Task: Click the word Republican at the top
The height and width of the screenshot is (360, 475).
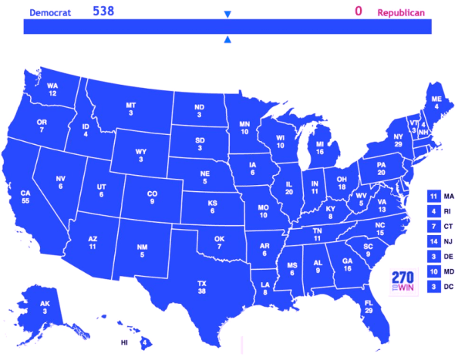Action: (x=401, y=13)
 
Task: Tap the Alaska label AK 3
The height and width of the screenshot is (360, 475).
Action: (x=45, y=308)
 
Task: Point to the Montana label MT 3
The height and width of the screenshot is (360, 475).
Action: (x=131, y=109)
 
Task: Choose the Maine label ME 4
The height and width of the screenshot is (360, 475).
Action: (x=436, y=103)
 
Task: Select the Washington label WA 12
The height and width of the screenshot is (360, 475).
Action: (x=53, y=89)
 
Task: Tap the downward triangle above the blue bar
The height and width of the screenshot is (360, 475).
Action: (x=227, y=15)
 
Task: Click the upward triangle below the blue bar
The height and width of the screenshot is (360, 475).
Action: (x=227, y=39)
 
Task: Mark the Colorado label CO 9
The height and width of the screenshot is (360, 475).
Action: (x=152, y=197)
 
